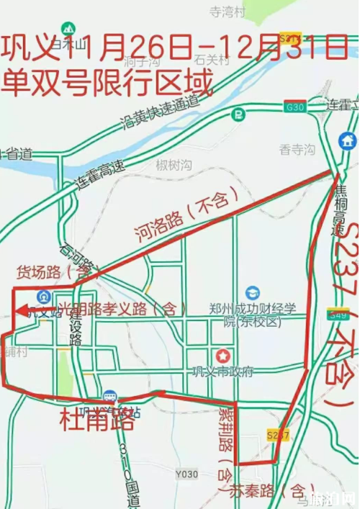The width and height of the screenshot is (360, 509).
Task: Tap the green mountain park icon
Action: (69, 28)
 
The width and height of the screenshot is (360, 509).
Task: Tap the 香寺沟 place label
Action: (297, 150)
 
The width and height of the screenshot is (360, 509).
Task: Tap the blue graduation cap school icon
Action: (252, 293)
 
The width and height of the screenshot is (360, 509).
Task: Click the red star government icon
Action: (224, 355)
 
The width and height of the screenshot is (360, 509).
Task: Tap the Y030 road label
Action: (186, 473)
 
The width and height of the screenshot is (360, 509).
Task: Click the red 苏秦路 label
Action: (245, 492)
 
